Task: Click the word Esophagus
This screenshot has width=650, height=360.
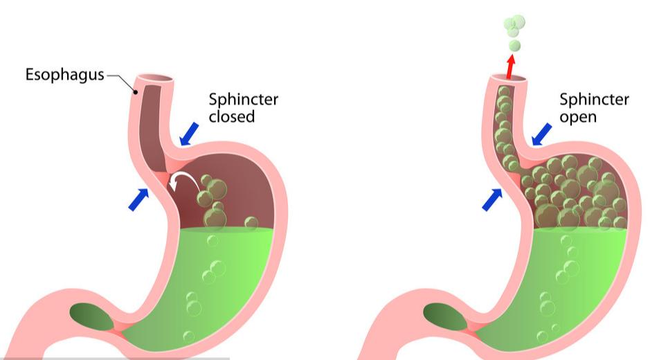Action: tap(65, 75)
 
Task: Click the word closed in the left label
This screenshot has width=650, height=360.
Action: tap(232, 116)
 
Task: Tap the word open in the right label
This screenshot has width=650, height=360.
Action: tap(578, 116)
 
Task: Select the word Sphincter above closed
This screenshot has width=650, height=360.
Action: tap(243, 100)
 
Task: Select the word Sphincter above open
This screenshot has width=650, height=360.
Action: tap(594, 100)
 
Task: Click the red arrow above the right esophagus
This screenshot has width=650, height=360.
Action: tap(511, 66)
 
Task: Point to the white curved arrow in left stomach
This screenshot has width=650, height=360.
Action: tap(182, 181)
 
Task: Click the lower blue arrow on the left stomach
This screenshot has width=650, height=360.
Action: tap(138, 199)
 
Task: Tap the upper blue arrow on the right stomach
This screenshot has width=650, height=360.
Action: tap(542, 133)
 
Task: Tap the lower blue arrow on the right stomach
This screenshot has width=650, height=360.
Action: tap(491, 199)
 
